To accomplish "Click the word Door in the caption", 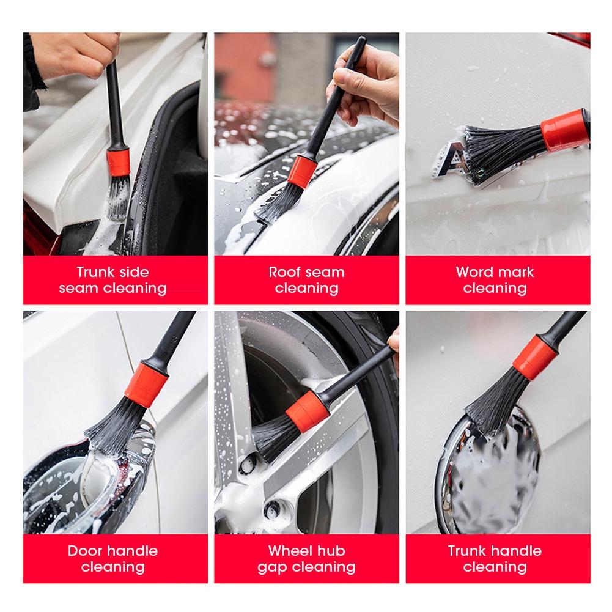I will click(85, 550).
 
